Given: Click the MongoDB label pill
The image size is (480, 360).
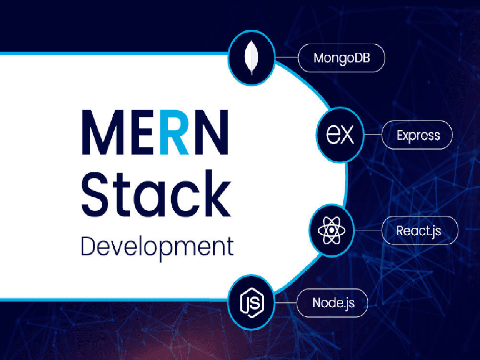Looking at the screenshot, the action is pyautogui.click(x=341, y=58).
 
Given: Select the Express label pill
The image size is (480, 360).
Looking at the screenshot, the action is pyautogui.click(x=417, y=135).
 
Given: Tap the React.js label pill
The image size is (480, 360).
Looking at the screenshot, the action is pyautogui.click(x=420, y=230).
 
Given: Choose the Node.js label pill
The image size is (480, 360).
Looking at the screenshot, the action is pyautogui.click(x=332, y=303).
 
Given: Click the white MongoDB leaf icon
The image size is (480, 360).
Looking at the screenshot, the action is pyautogui.click(x=252, y=57).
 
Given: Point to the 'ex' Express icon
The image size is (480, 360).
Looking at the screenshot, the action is pyautogui.click(x=340, y=134).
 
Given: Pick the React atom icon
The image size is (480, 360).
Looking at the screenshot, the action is pyautogui.click(x=332, y=230).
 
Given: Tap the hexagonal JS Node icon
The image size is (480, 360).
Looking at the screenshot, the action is pyautogui.click(x=252, y=302).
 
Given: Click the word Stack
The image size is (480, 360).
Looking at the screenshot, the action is pyautogui.click(x=156, y=194).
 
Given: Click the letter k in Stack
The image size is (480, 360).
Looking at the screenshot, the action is pyautogui.click(x=216, y=193).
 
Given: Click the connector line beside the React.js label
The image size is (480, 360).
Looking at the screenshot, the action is pyautogui.click(x=368, y=230).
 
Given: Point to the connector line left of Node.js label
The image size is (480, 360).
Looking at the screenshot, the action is pyautogui.click(x=285, y=303).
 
